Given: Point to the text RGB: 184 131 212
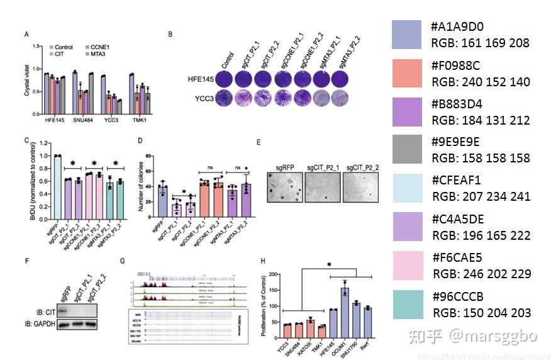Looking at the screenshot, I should pyautogui.click(x=480, y=120).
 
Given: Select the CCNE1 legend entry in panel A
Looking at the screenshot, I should pyautogui.click(x=99, y=47).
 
